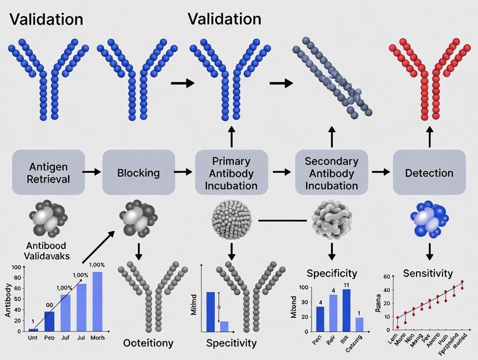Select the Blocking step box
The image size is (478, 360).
[x=139, y=172]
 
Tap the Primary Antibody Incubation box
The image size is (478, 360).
[x=232, y=173]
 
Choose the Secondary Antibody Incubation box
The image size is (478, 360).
[x=331, y=173]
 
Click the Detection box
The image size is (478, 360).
[x=429, y=172]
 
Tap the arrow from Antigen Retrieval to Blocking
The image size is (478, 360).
[x=90, y=172]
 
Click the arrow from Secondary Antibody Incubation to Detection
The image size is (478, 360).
[x=381, y=172]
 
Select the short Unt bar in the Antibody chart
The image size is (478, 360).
[x=33, y=330]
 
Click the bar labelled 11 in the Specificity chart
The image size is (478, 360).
[x=346, y=310]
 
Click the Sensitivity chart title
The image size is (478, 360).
[x=428, y=273]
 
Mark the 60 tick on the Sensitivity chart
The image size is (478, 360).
[x=387, y=276]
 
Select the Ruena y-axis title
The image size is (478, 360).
[x=378, y=303]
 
